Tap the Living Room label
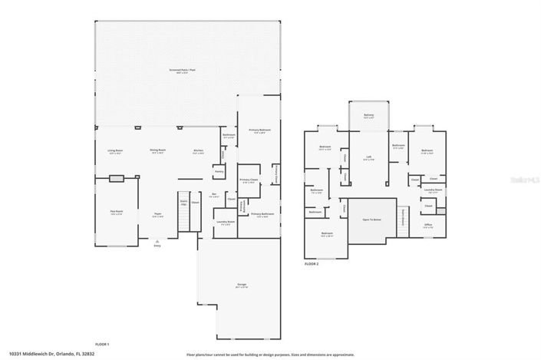(116, 152)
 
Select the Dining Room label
(158, 152)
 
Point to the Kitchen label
(198, 152)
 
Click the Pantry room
(219, 172)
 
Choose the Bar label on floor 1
(215, 196)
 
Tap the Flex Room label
(116, 213)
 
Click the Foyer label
(157, 215)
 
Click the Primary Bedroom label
(259, 130)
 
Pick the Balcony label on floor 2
(369, 117)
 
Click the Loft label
(368, 159)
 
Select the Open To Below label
(372, 220)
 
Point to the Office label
(428, 226)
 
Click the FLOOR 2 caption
(312, 263)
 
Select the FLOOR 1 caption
(102, 344)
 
